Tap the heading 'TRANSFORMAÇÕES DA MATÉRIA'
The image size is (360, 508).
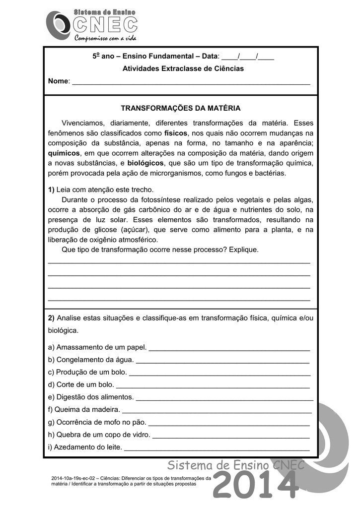181,108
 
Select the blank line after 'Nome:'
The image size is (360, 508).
191,82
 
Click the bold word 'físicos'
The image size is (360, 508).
176,133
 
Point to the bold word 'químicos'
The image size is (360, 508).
64,153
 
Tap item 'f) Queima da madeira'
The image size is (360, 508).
84,410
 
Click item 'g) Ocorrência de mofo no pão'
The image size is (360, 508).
97,422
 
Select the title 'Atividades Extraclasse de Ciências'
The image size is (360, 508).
183,68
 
